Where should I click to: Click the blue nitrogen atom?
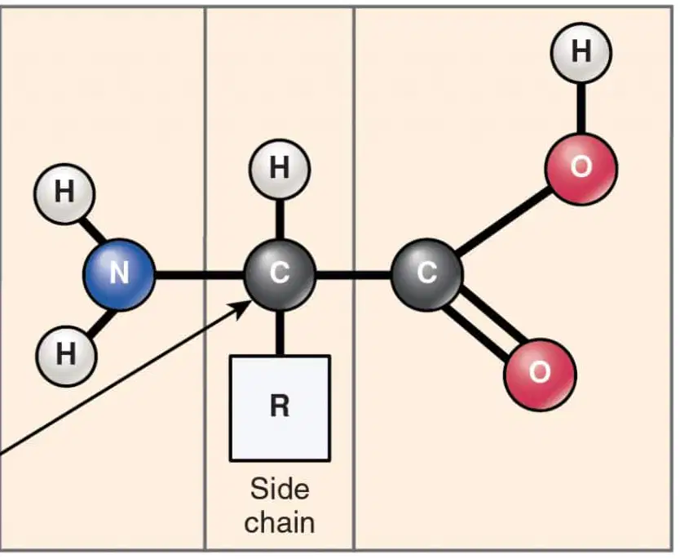[x=119, y=274]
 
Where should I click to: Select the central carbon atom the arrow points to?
[x=280, y=274]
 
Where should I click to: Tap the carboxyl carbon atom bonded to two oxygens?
[x=427, y=274]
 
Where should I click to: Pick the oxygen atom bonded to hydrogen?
[x=581, y=168]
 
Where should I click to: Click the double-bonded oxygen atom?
[x=540, y=375]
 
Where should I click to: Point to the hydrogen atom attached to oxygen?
[x=581, y=52]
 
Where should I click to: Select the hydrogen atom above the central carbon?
[x=280, y=169]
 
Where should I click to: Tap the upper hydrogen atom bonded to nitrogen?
[x=64, y=193]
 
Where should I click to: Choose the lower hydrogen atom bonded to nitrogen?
[x=66, y=356]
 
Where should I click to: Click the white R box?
[x=280, y=408]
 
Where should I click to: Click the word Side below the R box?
[x=280, y=489]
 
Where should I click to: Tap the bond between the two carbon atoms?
[x=353, y=275]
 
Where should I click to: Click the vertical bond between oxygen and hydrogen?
[x=581, y=109]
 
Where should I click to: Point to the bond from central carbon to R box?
[x=280, y=333]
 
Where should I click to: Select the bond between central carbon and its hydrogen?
[x=280, y=220]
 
